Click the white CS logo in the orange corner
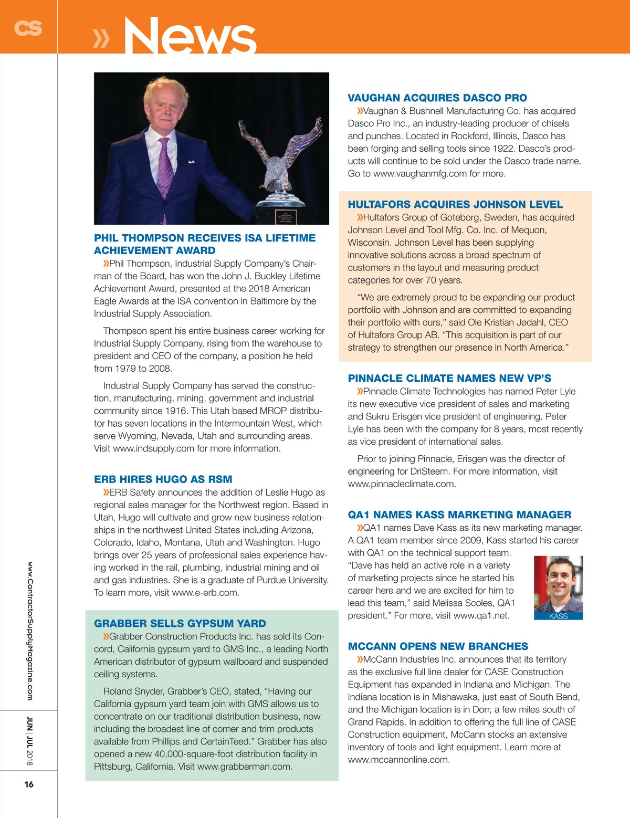coord(28,28)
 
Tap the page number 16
coord(29,784)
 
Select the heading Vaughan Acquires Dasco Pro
coord(437,98)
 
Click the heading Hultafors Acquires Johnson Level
coord(455,204)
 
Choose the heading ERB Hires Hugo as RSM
coord(163,479)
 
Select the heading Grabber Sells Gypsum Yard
coord(180,623)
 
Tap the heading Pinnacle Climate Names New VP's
coord(449,378)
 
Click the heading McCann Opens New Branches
coord(438,646)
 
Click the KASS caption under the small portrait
coord(558,616)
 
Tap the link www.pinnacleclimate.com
coord(402,484)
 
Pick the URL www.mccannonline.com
coord(398,760)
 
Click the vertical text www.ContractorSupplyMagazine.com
coord(30,631)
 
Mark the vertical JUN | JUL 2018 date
coord(30,741)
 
